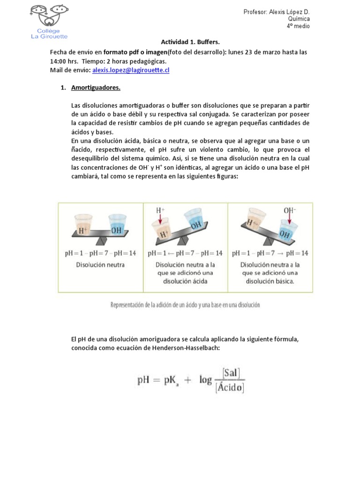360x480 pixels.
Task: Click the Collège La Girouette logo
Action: tap(49, 22)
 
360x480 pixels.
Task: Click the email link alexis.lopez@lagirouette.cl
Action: tap(131, 70)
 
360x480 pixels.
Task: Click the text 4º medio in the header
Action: tap(298, 26)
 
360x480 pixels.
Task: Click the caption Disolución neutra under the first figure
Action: tap(101, 265)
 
